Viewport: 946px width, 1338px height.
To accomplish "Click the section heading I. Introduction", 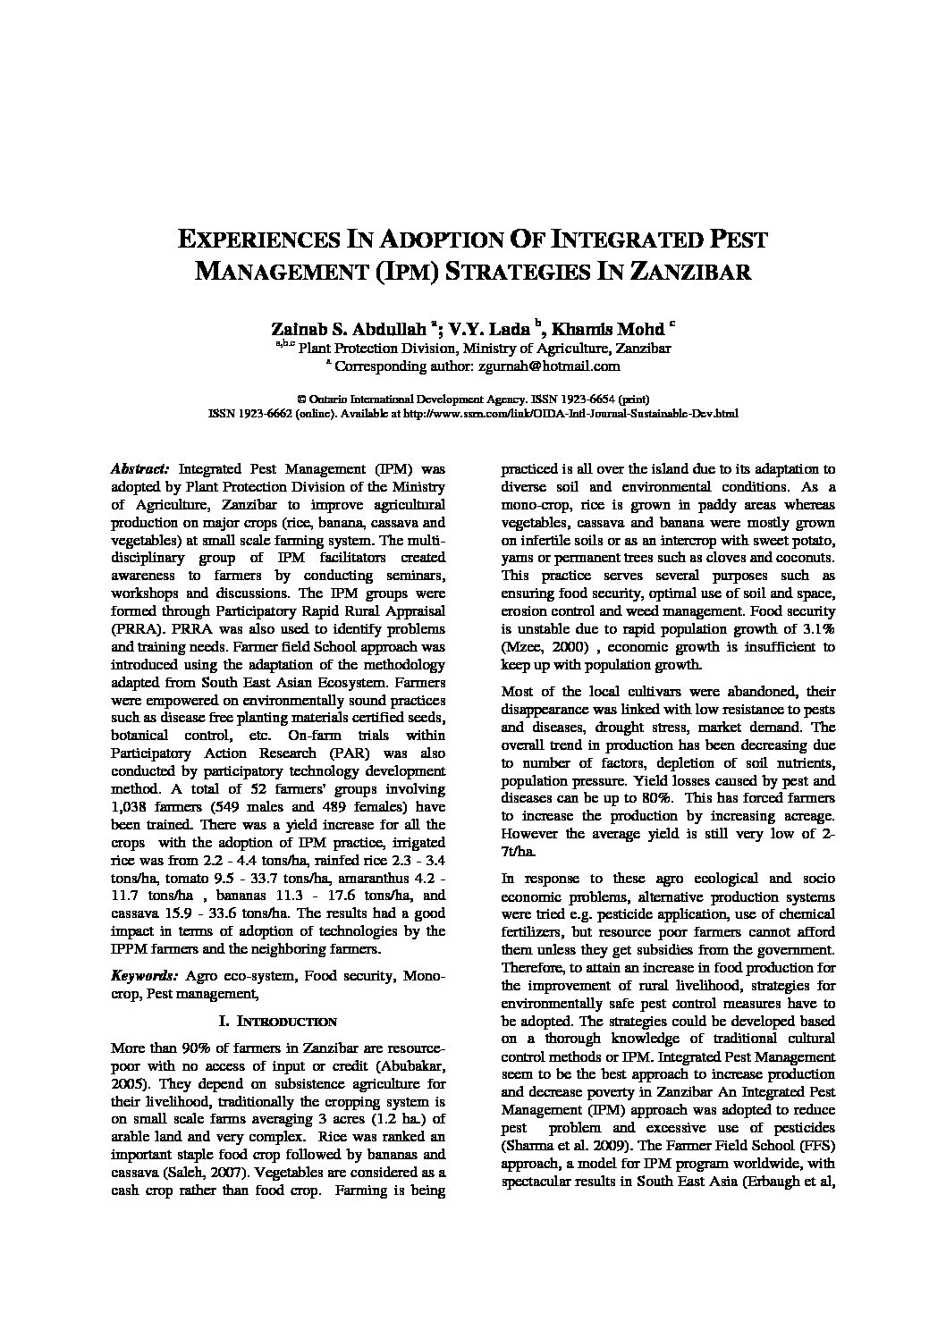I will [x=277, y=1021].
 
